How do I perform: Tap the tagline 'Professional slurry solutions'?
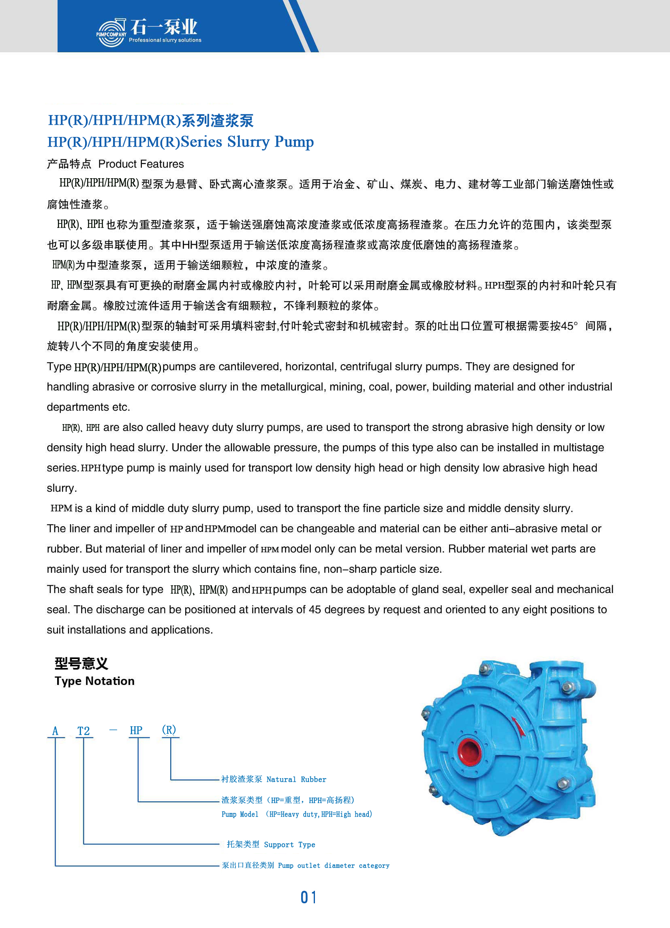pyautogui.click(x=165, y=40)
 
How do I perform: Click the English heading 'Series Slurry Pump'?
pyautogui.click(x=247, y=142)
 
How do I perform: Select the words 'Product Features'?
pyautogui.click(x=141, y=164)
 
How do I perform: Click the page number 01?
pyautogui.click(x=308, y=898)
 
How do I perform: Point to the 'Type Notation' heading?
pyautogui.click(x=94, y=681)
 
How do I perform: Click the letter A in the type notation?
pyautogui.click(x=55, y=731)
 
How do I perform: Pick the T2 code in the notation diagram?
pyautogui.click(x=83, y=731)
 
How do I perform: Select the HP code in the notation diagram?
pyautogui.click(x=136, y=730)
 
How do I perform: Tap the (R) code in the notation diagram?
pyautogui.click(x=169, y=730)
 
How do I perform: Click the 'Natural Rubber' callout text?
pyautogui.click(x=296, y=779)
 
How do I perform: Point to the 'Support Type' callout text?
pyautogui.click(x=289, y=845)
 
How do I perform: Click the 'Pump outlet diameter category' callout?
pyautogui.click(x=333, y=865)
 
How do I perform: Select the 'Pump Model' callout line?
pyautogui.click(x=297, y=814)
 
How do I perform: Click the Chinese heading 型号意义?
pyautogui.click(x=81, y=663)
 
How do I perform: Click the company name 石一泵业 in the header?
pyautogui.click(x=163, y=27)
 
